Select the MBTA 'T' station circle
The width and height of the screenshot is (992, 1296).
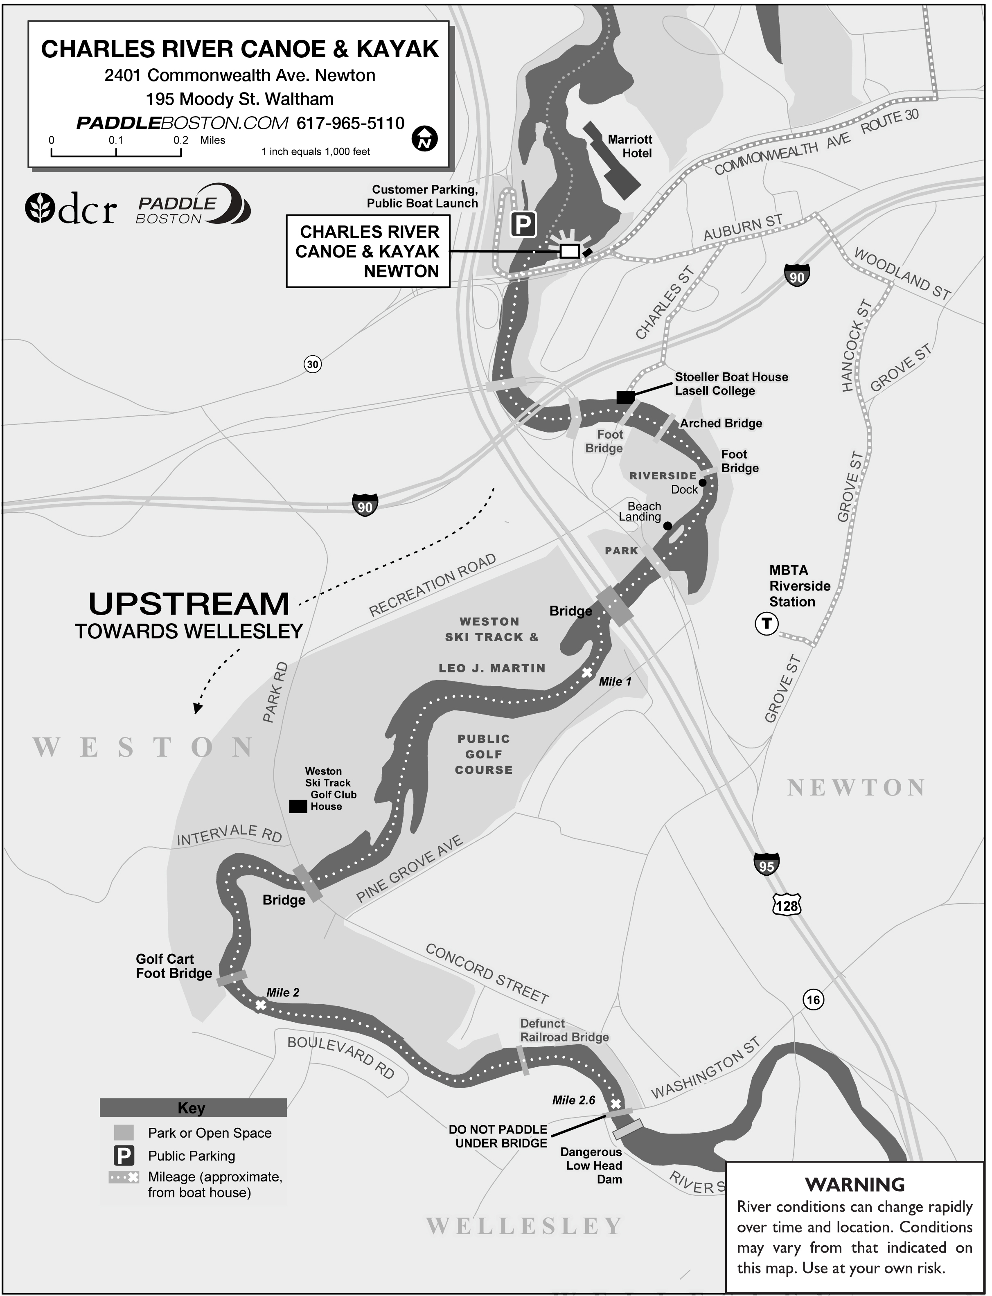tap(767, 624)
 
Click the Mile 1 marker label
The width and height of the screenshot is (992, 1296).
tap(615, 681)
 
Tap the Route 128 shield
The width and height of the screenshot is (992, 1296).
tap(787, 906)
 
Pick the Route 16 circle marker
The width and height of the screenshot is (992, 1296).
tap(813, 1000)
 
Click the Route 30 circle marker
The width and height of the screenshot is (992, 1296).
tap(312, 364)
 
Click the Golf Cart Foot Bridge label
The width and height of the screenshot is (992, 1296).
tap(174, 966)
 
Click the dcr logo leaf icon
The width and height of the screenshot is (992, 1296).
tap(40, 208)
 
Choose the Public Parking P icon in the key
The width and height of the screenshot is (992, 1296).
tap(124, 1156)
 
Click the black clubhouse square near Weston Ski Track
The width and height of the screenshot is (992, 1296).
tap(298, 806)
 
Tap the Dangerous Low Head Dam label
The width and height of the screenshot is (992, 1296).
tap(592, 1165)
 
